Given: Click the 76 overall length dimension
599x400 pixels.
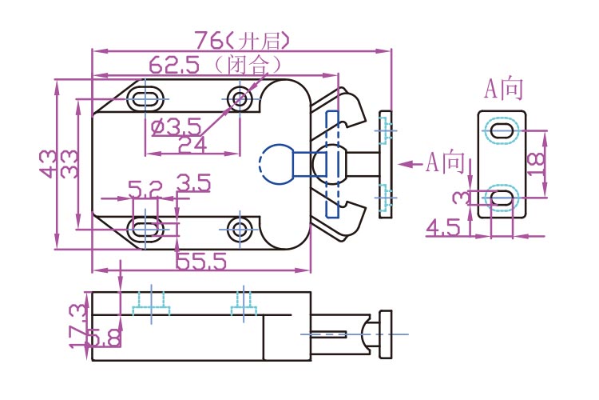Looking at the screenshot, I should tap(210, 39).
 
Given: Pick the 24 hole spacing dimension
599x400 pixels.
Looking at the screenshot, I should tap(192, 144).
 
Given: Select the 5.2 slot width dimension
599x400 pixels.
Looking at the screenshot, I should tap(145, 190).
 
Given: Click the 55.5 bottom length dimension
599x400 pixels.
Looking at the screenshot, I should tap(200, 260).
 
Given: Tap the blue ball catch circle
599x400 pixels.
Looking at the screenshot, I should tap(276, 163).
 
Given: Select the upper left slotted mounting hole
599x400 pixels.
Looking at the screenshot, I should tap(145, 98).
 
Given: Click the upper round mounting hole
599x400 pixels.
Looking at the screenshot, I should tap(240, 98).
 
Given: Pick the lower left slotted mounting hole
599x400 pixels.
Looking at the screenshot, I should tap(145, 228).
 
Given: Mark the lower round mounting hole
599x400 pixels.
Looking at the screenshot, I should tap(240, 228).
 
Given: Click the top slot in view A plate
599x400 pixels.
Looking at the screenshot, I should tap(502, 131).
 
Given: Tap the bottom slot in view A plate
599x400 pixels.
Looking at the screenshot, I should tap(502, 196).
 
